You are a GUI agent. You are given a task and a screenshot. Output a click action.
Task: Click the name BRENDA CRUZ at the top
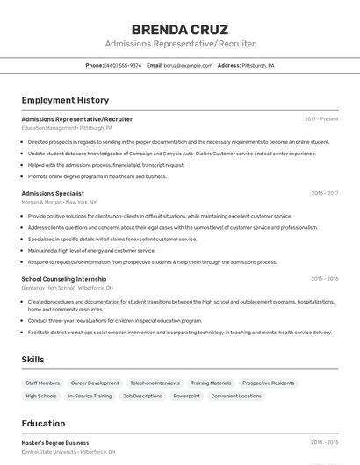click(x=179, y=30)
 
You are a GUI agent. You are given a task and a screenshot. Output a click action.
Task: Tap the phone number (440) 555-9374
click(x=123, y=65)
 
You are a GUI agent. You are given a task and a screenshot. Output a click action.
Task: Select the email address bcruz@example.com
click(x=188, y=65)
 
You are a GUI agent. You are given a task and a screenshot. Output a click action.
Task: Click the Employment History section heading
click(x=65, y=100)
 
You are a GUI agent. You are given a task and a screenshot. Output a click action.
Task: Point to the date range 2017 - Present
click(x=321, y=118)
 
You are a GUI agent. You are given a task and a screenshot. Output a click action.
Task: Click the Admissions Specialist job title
click(x=53, y=193)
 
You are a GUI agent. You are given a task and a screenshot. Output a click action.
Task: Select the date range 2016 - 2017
click(x=324, y=193)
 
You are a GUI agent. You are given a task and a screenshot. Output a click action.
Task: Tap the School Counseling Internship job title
click(x=64, y=279)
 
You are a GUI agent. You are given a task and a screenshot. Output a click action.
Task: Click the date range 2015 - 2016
click(x=324, y=279)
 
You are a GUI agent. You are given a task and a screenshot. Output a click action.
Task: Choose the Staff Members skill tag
click(x=43, y=383)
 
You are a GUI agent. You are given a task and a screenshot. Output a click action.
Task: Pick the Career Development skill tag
click(x=95, y=383)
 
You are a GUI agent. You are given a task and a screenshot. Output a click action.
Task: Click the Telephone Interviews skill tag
click(x=155, y=383)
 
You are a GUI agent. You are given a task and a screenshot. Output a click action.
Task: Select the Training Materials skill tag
click(x=211, y=383)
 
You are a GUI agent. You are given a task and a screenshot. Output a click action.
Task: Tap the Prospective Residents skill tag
click(x=268, y=383)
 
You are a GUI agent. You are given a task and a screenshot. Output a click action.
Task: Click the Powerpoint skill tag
click(x=186, y=396)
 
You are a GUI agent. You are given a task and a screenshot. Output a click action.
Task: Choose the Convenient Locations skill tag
click(x=236, y=396)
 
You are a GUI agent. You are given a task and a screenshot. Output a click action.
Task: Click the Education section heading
click(x=43, y=423)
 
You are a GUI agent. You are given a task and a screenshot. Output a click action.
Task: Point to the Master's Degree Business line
click(x=55, y=443)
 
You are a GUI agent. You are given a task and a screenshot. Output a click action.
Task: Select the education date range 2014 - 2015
click(x=324, y=443)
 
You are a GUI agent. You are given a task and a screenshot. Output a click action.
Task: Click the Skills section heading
click(x=32, y=360)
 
